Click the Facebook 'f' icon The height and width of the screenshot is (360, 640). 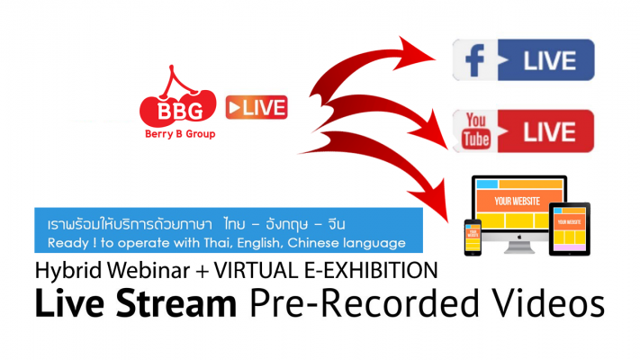click(x=474, y=60)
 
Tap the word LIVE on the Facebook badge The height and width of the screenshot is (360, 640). click(x=549, y=61)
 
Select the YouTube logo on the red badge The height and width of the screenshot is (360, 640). click(x=476, y=131)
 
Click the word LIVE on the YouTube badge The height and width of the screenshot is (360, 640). click(x=549, y=131)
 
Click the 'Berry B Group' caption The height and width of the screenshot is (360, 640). click(x=180, y=134)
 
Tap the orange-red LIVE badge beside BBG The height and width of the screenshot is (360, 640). click(x=257, y=107)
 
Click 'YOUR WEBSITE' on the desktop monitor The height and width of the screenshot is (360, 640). click(x=518, y=202)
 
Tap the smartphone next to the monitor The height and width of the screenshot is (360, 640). click(x=473, y=238)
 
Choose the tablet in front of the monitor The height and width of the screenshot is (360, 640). click(x=570, y=229)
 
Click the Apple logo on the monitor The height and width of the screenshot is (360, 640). click(x=519, y=237)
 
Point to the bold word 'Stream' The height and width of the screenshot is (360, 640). click(x=176, y=303)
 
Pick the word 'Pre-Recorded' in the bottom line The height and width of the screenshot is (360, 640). click(x=364, y=303)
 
